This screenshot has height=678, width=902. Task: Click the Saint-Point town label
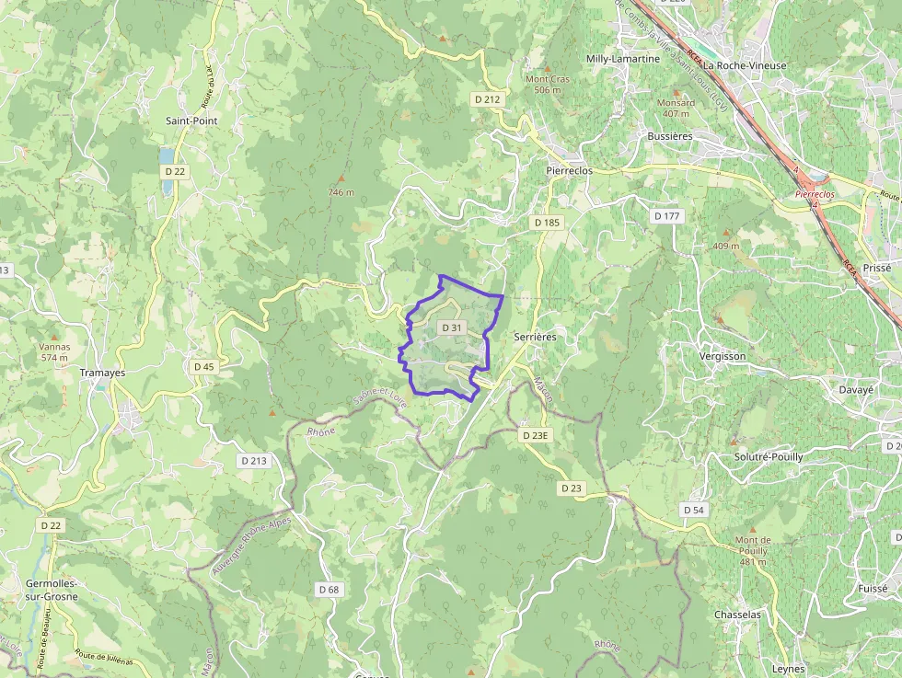coord(191,121)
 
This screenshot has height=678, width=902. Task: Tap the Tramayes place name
coord(102,373)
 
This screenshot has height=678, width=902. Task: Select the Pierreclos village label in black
coord(570,171)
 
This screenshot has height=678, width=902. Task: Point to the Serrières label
coord(535,338)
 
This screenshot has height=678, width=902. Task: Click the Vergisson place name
coord(723,356)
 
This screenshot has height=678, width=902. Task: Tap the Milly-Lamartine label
coord(623,59)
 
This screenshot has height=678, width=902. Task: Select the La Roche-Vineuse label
coord(745,66)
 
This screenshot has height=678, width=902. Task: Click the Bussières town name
coord(669,136)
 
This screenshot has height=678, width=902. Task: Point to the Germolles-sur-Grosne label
coord(52,590)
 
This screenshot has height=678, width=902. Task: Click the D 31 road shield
coord(452,328)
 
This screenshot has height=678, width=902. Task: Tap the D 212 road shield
coord(487,98)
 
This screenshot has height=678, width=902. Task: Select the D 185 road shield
coord(546,223)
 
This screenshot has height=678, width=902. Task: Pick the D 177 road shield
coord(666,216)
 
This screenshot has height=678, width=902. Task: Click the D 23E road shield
coord(535,435)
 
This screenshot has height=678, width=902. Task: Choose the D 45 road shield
coord(204,366)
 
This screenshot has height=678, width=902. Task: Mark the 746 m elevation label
coord(341,192)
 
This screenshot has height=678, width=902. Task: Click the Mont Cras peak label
coord(548,79)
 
